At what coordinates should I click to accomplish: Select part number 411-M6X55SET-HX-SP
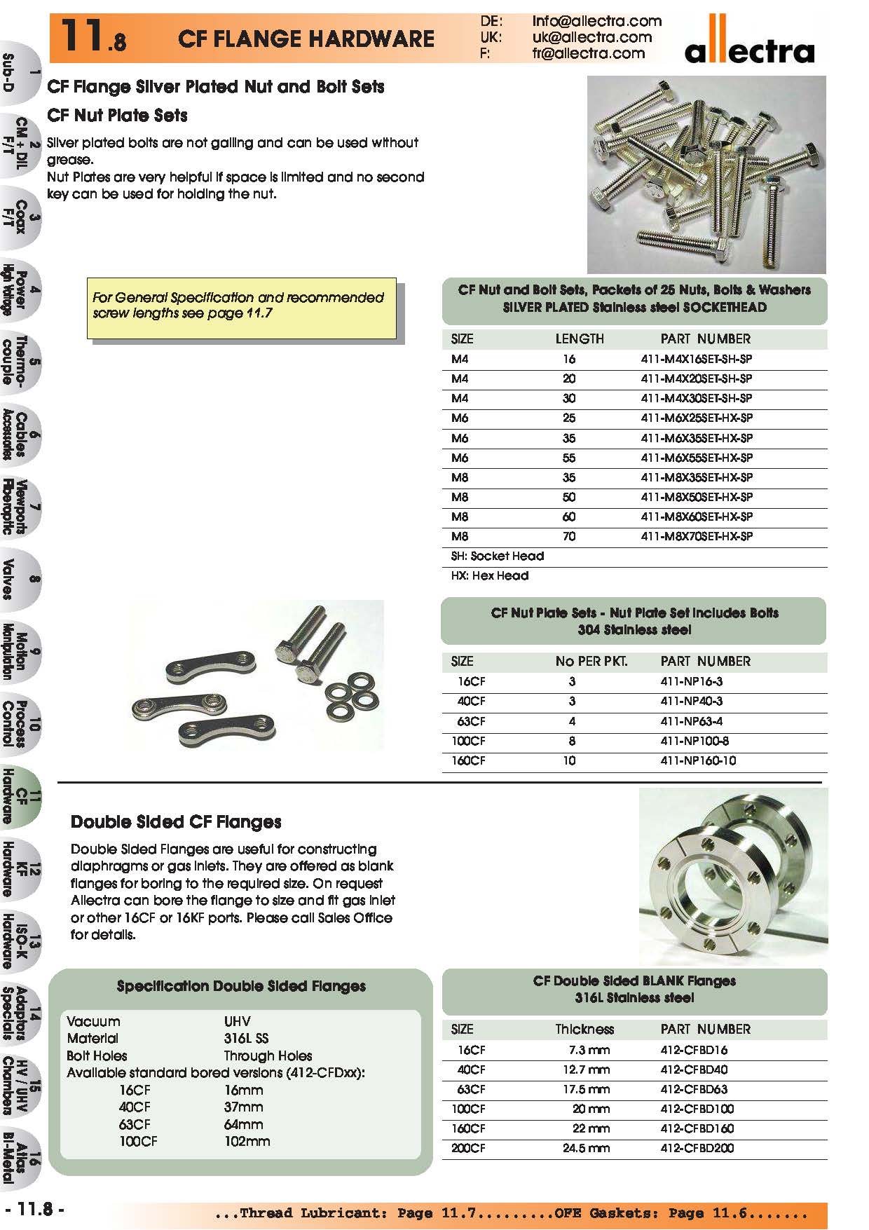tap(697, 458)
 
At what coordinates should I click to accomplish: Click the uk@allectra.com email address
tap(591, 37)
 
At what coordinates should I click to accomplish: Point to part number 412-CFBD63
tap(694, 1089)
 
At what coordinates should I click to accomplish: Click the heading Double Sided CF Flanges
tap(176, 821)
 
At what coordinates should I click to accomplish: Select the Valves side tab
tap(20, 579)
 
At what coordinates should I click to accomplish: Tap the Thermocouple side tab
tap(20, 361)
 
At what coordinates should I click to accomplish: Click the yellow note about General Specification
tap(241, 306)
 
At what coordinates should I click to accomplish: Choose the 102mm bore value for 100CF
tap(247, 1141)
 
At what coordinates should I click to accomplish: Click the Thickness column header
tap(584, 1029)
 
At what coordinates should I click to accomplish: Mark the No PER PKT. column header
tap(591, 661)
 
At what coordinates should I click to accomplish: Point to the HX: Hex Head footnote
tap(490, 575)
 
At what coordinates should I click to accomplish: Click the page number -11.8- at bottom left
tap(35, 1210)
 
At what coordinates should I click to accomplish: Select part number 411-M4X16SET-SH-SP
tap(696, 359)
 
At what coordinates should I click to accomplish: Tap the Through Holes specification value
tap(268, 1055)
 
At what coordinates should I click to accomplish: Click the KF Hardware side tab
tap(20, 869)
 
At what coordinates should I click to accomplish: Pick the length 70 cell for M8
tap(569, 536)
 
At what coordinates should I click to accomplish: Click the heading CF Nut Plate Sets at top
tap(117, 115)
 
